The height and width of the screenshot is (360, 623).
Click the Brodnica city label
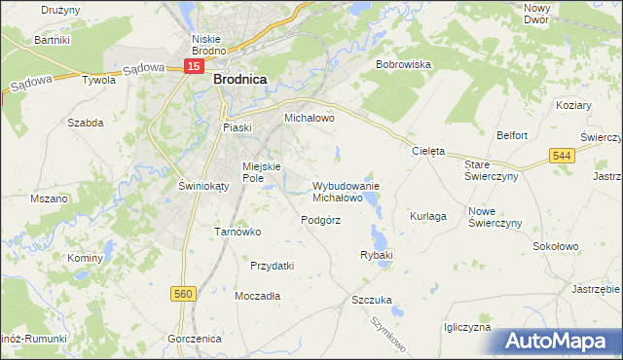tap(240, 83)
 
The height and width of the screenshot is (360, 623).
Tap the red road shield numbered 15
tap(195, 66)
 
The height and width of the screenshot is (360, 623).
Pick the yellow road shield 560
tap(179, 292)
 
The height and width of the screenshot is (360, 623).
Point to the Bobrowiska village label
tap(403, 64)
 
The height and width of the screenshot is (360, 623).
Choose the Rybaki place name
tap(376, 255)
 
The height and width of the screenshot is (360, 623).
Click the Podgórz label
tap(320, 221)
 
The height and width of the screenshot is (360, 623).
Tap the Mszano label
tap(48, 198)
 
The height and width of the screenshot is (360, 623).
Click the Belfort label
tap(511, 136)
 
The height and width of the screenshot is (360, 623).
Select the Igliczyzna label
tap(466, 328)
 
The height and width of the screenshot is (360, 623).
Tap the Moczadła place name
tap(258, 295)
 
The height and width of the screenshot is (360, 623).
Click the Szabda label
tap(85, 123)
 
